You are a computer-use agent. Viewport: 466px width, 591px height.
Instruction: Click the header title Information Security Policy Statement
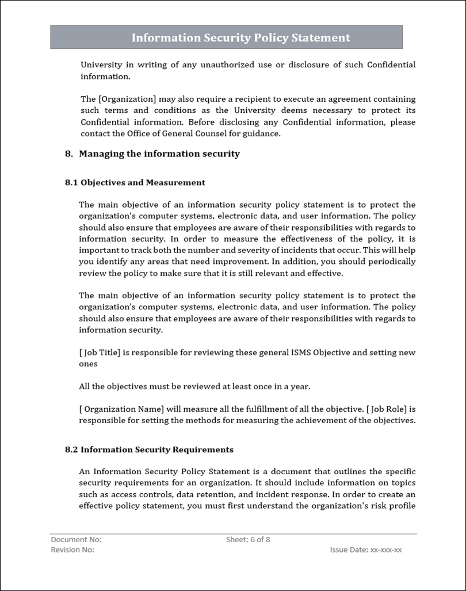click(x=240, y=38)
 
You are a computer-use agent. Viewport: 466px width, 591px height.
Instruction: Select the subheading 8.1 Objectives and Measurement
click(x=135, y=183)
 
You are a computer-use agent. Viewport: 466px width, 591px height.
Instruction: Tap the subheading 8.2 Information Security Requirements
click(x=149, y=450)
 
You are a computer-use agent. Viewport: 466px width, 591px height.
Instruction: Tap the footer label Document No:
click(x=76, y=540)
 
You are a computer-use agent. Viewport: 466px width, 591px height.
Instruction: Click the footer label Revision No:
click(x=72, y=550)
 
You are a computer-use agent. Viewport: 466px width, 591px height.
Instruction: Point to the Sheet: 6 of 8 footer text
click(x=248, y=540)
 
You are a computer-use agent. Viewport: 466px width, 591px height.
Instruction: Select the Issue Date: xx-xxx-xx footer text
click(x=366, y=550)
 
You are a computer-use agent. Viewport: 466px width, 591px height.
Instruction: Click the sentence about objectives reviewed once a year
click(x=198, y=386)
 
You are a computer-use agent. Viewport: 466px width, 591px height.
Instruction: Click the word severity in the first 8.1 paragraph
click(x=239, y=250)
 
